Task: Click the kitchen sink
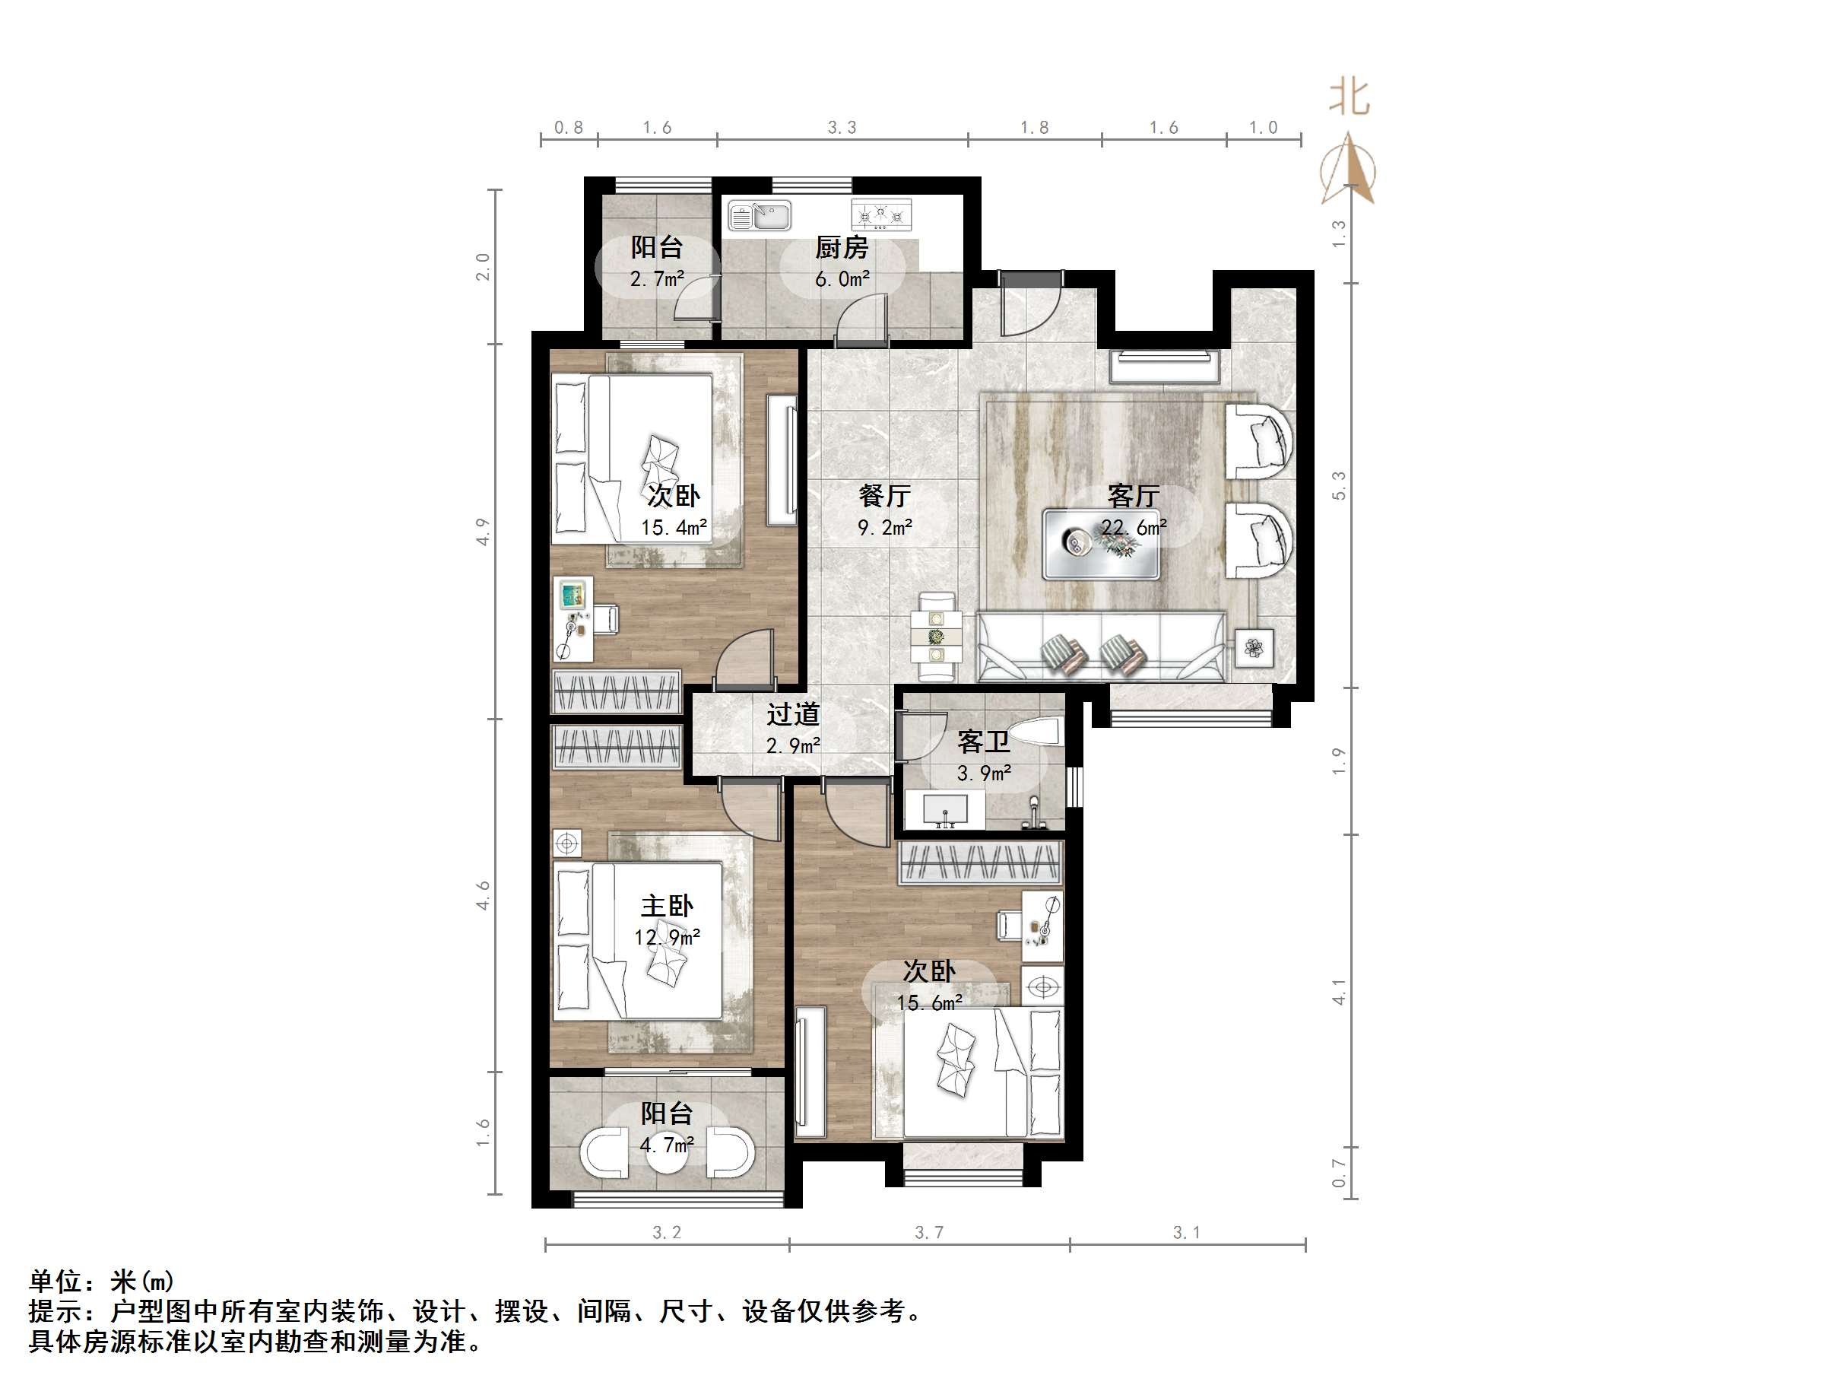coord(760,215)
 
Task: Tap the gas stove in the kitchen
coord(881,215)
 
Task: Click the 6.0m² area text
coord(842,279)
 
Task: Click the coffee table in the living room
coord(1101,544)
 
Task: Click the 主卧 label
coord(667,906)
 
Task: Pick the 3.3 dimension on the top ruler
coord(842,128)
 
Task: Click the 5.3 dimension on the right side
coord(1339,486)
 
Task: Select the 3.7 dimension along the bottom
coord(929,1232)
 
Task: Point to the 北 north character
coord(1350,97)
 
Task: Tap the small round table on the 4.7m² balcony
coord(667,1153)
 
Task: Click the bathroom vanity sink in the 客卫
coord(946,810)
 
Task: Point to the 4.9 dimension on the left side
coord(482,532)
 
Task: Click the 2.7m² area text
coord(658,279)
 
